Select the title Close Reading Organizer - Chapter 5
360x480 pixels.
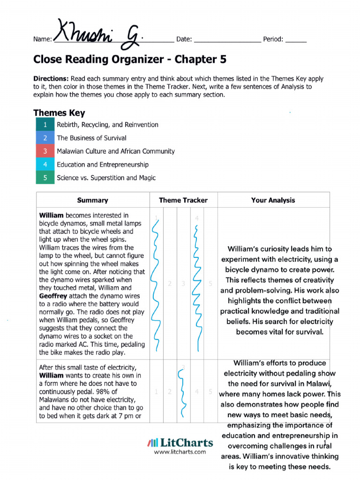point(130,60)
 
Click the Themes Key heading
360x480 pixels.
point(59,113)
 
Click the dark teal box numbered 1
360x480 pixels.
point(45,125)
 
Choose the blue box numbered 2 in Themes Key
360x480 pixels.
point(45,138)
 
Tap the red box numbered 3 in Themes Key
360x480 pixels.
point(45,151)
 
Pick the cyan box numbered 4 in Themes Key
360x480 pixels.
point(45,165)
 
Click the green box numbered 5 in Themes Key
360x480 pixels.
point(45,178)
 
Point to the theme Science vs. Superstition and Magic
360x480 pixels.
point(106,178)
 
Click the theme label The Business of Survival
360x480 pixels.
point(91,138)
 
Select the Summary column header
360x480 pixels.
point(92,200)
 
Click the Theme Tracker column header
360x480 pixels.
point(183,200)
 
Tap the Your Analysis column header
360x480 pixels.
point(273,200)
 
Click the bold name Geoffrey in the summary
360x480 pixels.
point(53,296)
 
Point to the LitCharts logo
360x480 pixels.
point(180,442)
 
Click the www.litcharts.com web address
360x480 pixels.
point(180,452)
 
